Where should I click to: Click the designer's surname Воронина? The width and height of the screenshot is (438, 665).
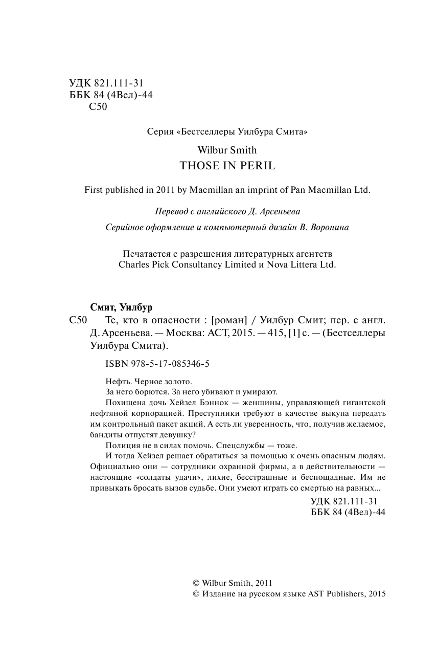click(329, 228)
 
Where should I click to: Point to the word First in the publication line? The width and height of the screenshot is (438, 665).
click(93, 189)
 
